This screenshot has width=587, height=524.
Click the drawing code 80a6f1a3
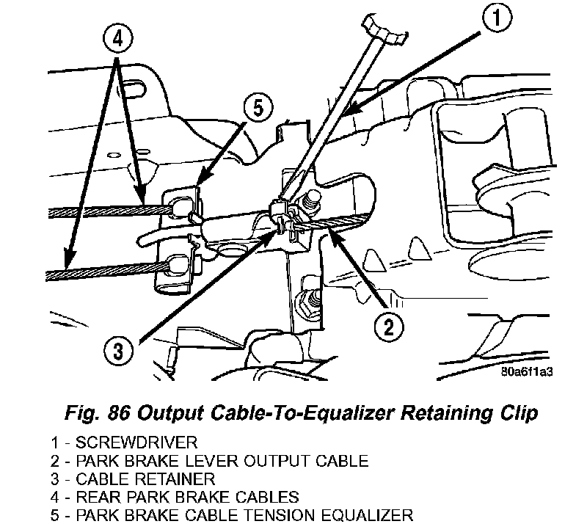527,371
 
